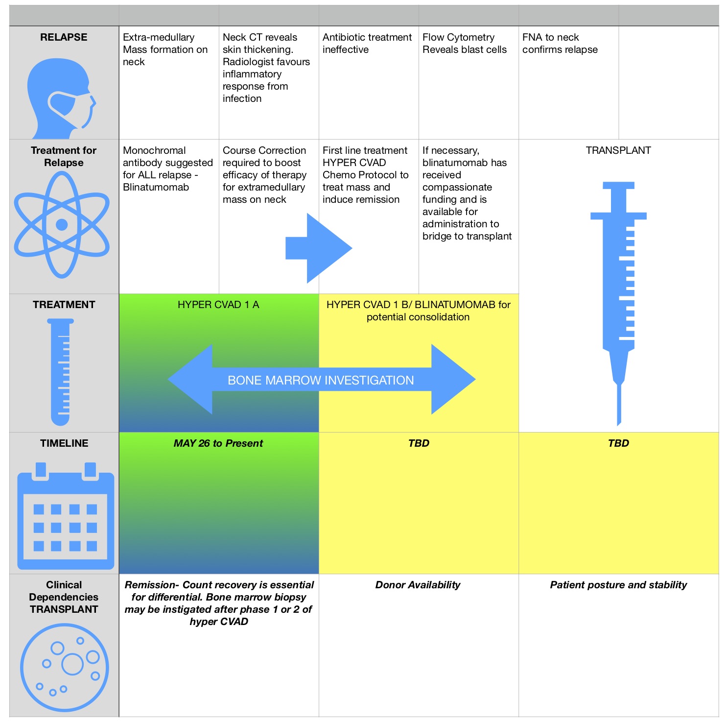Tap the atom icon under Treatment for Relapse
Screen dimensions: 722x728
(62, 225)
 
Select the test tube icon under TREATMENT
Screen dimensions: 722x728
(61, 372)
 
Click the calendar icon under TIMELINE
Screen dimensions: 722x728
(66, 516)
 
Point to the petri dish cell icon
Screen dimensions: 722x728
(65, 667)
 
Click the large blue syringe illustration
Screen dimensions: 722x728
(619, 294)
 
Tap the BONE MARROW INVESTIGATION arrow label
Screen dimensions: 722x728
(321, 380)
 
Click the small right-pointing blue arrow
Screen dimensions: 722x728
(319, 248)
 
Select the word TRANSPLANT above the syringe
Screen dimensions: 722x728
(618, 150)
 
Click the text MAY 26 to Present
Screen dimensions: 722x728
(218, 443)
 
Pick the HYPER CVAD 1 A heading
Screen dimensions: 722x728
(218, 305)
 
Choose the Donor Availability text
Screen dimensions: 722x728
(418, 585)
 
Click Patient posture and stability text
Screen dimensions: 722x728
(618, 585)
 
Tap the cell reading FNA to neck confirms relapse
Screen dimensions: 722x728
(560, 44)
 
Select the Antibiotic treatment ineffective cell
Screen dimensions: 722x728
(367, 44)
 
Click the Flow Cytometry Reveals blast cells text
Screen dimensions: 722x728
(464, 44)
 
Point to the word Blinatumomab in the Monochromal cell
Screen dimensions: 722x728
(156, 187)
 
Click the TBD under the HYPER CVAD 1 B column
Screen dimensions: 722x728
(419, 443)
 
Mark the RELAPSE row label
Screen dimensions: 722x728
(64, 37)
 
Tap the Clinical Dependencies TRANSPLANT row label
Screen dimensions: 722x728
(64, 597)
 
